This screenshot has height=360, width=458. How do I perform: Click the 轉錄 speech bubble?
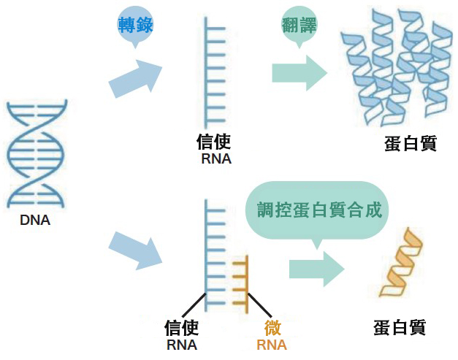[x=135, y=25]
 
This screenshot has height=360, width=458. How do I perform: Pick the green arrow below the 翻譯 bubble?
[x=299, y=73]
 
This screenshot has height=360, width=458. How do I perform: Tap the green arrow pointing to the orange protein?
[x=316, y=268]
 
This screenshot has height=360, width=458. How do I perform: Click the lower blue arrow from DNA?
[x=136, y=248]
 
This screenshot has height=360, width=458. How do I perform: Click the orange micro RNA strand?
[x=242, y=281]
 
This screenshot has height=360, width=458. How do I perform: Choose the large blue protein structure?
[x=395, y=69]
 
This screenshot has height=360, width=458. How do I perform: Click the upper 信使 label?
[x=214, y=141]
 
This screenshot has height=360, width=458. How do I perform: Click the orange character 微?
[x=272, y=327]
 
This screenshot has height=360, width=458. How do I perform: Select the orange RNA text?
[x=272, y=345]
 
